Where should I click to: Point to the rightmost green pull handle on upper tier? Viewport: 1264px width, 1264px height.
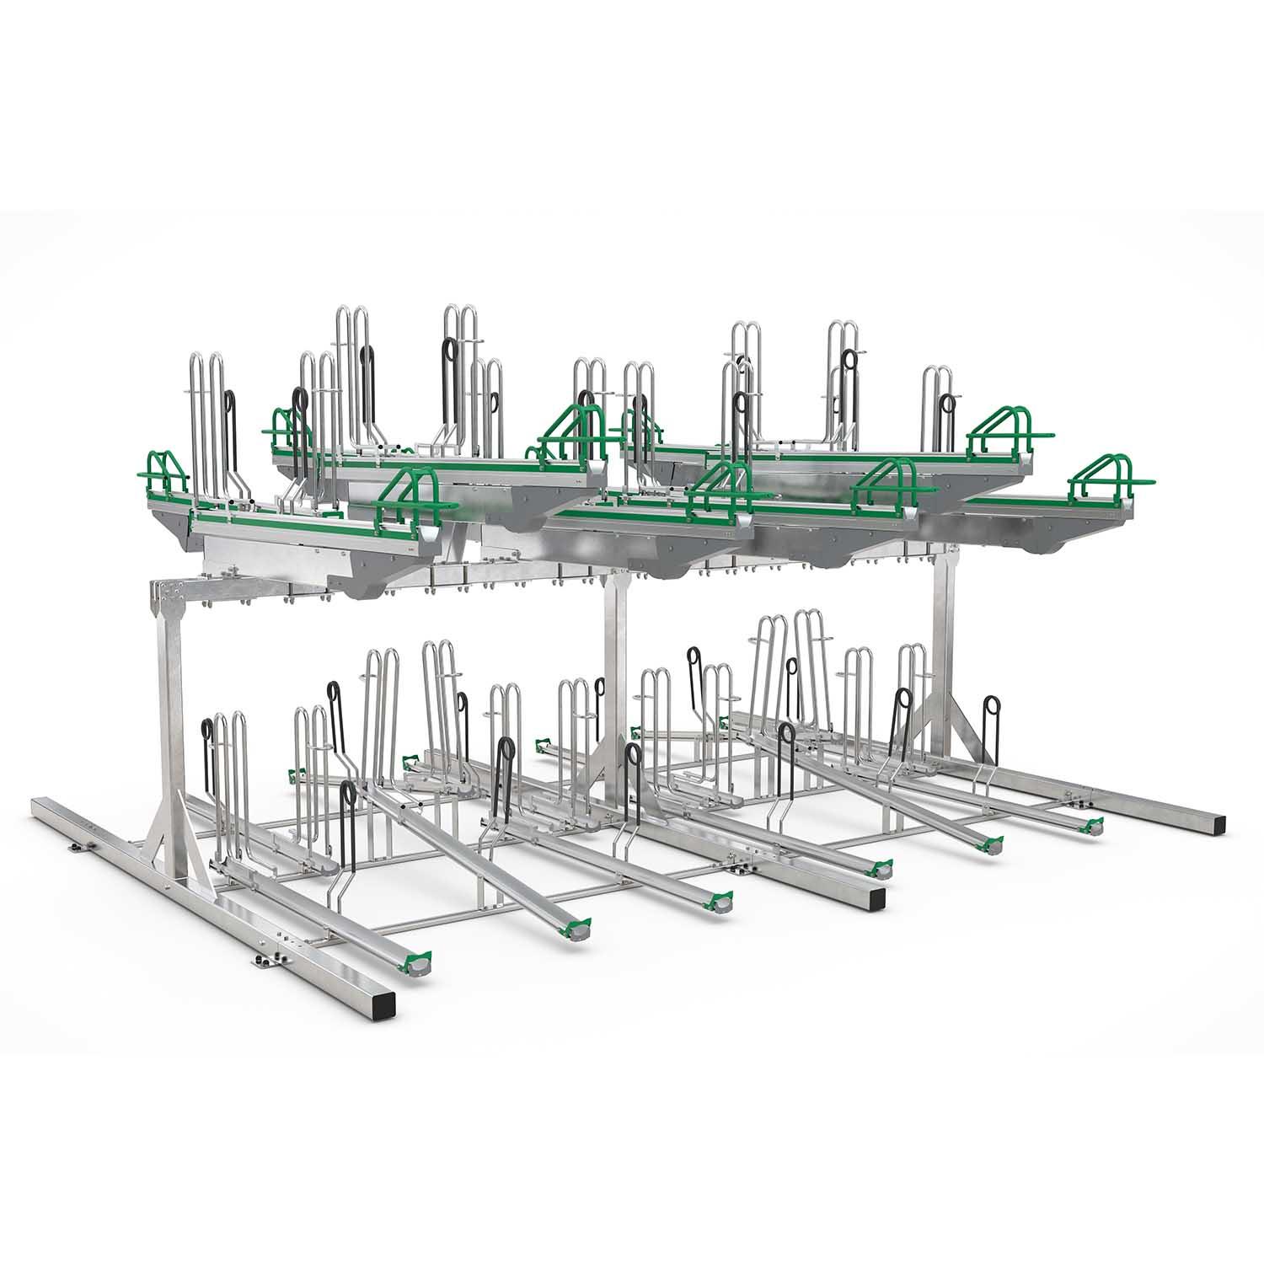(1103, 479)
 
